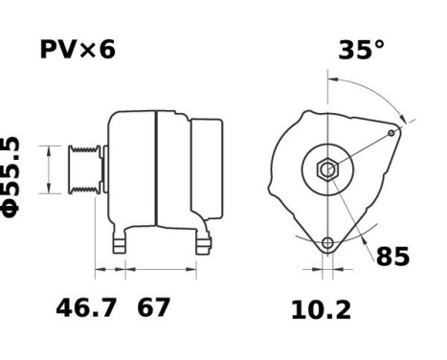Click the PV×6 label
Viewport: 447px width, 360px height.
[77, 50]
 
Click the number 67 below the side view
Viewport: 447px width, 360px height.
[153, 308]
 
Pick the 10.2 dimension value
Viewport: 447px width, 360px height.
[321, 310]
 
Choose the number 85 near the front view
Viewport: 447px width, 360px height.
[392, 257]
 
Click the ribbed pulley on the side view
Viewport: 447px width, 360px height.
[82, 170]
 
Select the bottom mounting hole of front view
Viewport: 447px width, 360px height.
[327, 243]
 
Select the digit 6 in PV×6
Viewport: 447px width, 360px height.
[106, 50]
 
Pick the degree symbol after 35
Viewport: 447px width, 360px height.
[379, 44]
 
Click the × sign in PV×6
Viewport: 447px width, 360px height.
[88, 51]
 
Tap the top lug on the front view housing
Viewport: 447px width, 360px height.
[308, 118]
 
